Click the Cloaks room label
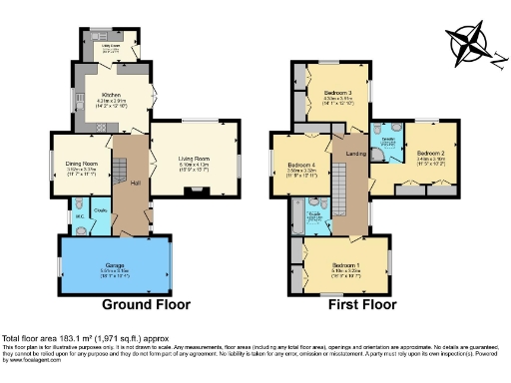[100, 210]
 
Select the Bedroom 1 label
[346, 264]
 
